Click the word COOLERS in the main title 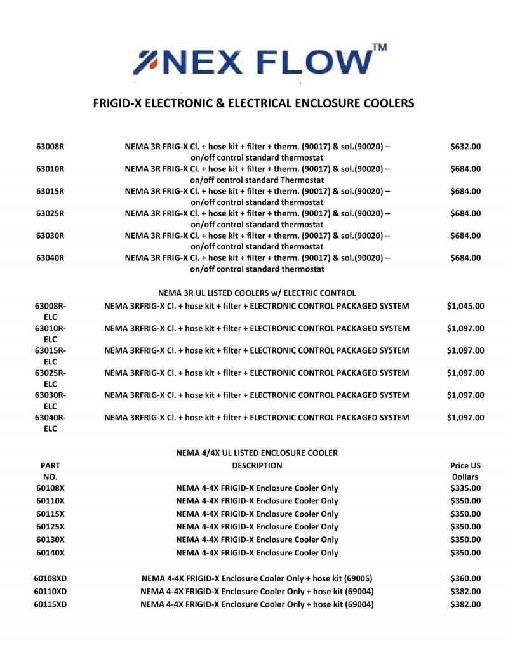click(x=378, y=102)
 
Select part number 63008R click(x=50, y=147)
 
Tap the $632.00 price click(x=465, y=147)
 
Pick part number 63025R click(x=50, y=213)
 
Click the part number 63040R click(x=50, y=258)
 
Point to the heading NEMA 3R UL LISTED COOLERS click(x=257, y=293)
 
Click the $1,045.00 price click(x=465, y=306)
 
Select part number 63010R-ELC click(x=50, y=333)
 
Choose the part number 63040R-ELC click(x=50, y=422)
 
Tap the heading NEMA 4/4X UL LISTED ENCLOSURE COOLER click(x=257, y=453)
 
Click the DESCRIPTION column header click(x=257, y=466)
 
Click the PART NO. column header click(x=50, y=471)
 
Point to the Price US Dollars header click(x=465, y=471)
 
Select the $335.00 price click(x=465, y=488)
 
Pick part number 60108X click(x=50, y=488)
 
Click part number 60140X click(x=50, y=553)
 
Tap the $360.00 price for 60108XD click(x=465, y=578)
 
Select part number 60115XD click(x=50, y=604)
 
